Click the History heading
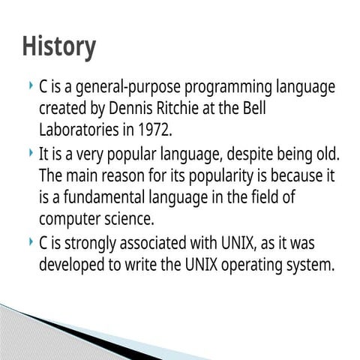tap(58, 46)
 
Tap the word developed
tap(73, 265)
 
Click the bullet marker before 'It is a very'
tap(28, 155)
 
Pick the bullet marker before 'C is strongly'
tap(28, 243)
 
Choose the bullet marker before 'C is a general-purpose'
tap(28, 85)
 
